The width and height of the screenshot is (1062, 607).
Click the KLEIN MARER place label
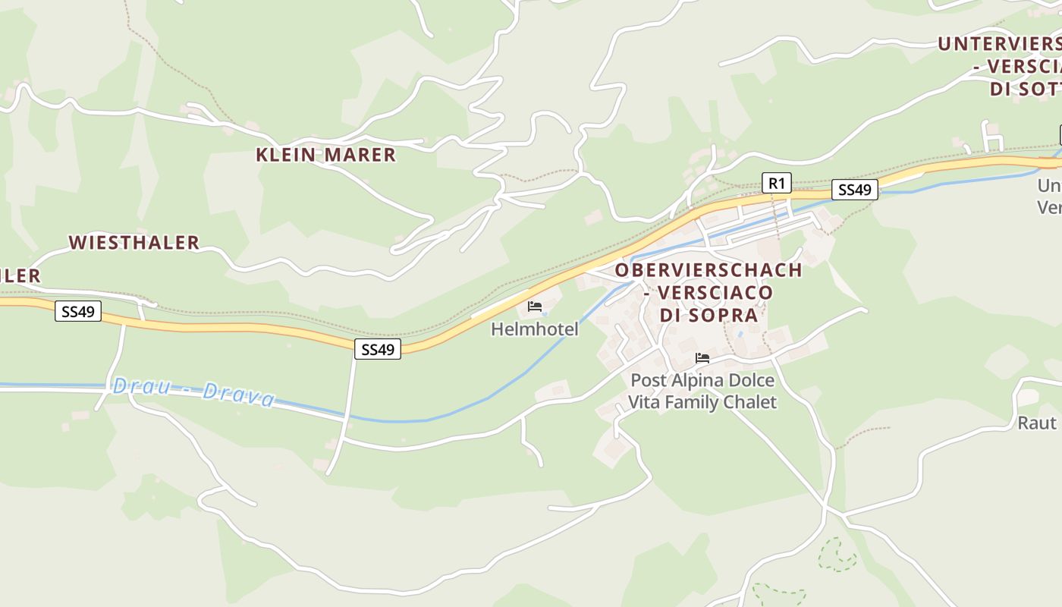point(325,156)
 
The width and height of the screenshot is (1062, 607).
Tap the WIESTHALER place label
point(134,243)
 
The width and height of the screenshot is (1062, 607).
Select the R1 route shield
point(776,183)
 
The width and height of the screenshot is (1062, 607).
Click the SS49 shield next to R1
point(854,190)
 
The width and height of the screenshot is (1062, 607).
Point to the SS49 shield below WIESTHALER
point(78,311)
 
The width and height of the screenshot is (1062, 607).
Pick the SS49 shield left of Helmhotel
point(378,349)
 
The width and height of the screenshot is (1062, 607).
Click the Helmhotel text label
point(534,329)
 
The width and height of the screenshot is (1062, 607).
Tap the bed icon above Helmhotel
point(535,307)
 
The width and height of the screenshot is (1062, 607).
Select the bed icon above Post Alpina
point(702,358)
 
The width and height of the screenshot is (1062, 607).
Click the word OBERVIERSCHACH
point(709,270)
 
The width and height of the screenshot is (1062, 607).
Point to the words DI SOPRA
point(709,316)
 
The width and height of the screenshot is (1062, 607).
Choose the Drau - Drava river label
point(193,392)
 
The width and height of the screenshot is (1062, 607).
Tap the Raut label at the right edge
point(1037,423)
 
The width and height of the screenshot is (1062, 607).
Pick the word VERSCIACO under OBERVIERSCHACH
point(715,293)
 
